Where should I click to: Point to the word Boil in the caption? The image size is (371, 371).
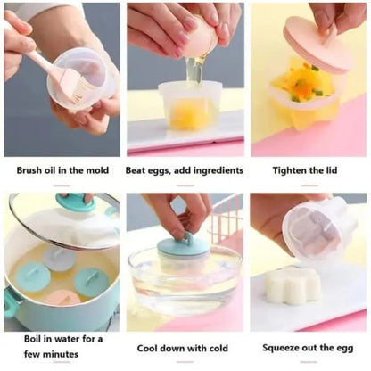point(32,339)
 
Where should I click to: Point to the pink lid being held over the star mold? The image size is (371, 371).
point(317,47)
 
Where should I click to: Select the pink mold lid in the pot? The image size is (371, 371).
point(63,298)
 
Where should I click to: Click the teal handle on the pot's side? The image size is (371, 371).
point(11,304)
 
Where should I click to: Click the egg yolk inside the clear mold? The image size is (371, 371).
point(186,114)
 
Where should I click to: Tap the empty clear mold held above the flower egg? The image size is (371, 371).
point(318,229)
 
